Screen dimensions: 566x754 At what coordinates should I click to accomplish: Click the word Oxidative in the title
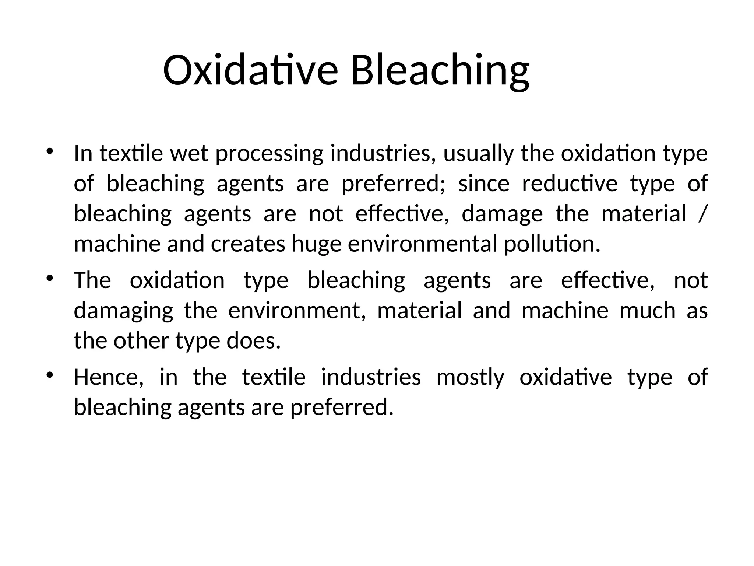[250, 70]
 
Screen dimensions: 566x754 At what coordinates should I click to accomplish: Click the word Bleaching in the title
[440, 70]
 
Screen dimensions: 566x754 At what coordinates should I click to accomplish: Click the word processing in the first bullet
[269, 154]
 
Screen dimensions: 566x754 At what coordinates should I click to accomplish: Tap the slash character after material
[702, 214]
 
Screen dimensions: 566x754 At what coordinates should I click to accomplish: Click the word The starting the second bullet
[92, 280]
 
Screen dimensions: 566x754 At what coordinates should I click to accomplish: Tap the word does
[253, 341]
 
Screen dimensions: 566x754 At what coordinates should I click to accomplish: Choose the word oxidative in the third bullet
[565, 377]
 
